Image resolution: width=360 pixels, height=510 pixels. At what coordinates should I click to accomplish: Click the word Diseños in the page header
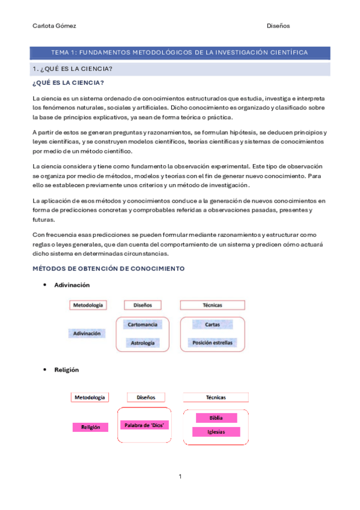[x=278, y=26]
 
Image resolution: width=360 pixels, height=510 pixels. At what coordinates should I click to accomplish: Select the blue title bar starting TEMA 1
[x=180, y=53]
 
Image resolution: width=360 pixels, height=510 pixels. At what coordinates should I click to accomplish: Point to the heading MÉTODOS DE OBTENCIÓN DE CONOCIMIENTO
[x=108, y=268]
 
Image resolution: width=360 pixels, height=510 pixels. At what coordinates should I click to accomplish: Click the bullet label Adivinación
[x=72, y=284]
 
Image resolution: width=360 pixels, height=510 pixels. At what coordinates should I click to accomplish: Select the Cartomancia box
[x=142, y=325]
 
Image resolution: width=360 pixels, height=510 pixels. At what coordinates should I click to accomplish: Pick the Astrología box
[x=142, y=343]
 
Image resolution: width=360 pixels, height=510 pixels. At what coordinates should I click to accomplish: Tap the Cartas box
[x=212, y=325]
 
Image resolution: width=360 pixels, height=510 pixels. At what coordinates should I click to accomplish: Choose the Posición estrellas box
[x=212, y=343]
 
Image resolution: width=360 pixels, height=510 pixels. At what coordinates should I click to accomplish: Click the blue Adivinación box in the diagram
[x=87, y=333]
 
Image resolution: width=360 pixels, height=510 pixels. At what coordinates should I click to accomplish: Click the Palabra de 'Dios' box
[x=144, y=425]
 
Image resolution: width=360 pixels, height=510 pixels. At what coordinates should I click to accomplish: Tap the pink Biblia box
[x=216, y=418]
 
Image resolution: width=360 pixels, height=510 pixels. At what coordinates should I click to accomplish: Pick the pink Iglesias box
[x=216, y=432]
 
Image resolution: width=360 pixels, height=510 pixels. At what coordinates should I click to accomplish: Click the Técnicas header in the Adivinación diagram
[x=212, y=306]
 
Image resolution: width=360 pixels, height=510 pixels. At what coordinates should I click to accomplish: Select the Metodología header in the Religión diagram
[x=90, y=398]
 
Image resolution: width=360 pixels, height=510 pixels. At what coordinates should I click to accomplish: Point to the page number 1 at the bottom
[x=180, y=476]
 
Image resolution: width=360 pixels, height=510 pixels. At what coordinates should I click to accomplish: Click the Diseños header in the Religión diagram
[x=146, y=398]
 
